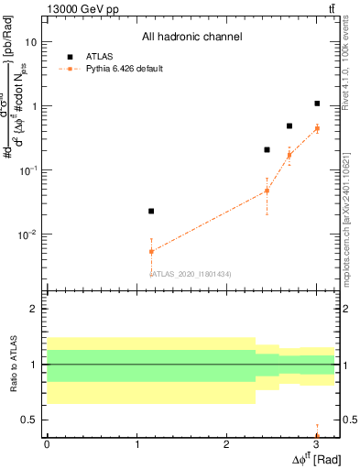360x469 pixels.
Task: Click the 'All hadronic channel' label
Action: click(191, 38)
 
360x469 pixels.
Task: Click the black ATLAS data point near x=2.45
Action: click(267, 149)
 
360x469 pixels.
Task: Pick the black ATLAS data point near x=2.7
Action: click(289, 125)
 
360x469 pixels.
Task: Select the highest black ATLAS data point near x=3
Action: click(317, 104)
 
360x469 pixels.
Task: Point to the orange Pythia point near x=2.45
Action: click(267, 191)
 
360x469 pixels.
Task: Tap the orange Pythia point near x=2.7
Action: click(289, 155)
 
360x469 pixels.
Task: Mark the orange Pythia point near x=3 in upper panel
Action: click(317, 128)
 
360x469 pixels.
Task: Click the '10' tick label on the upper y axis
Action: click(31, 42)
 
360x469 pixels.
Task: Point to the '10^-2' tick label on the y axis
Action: click(28, 234)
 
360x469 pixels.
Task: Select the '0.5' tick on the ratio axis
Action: click(28, 420)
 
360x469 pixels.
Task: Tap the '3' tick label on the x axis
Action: click(315, 444)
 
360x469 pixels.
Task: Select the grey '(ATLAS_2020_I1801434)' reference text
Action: click(191, 274)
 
